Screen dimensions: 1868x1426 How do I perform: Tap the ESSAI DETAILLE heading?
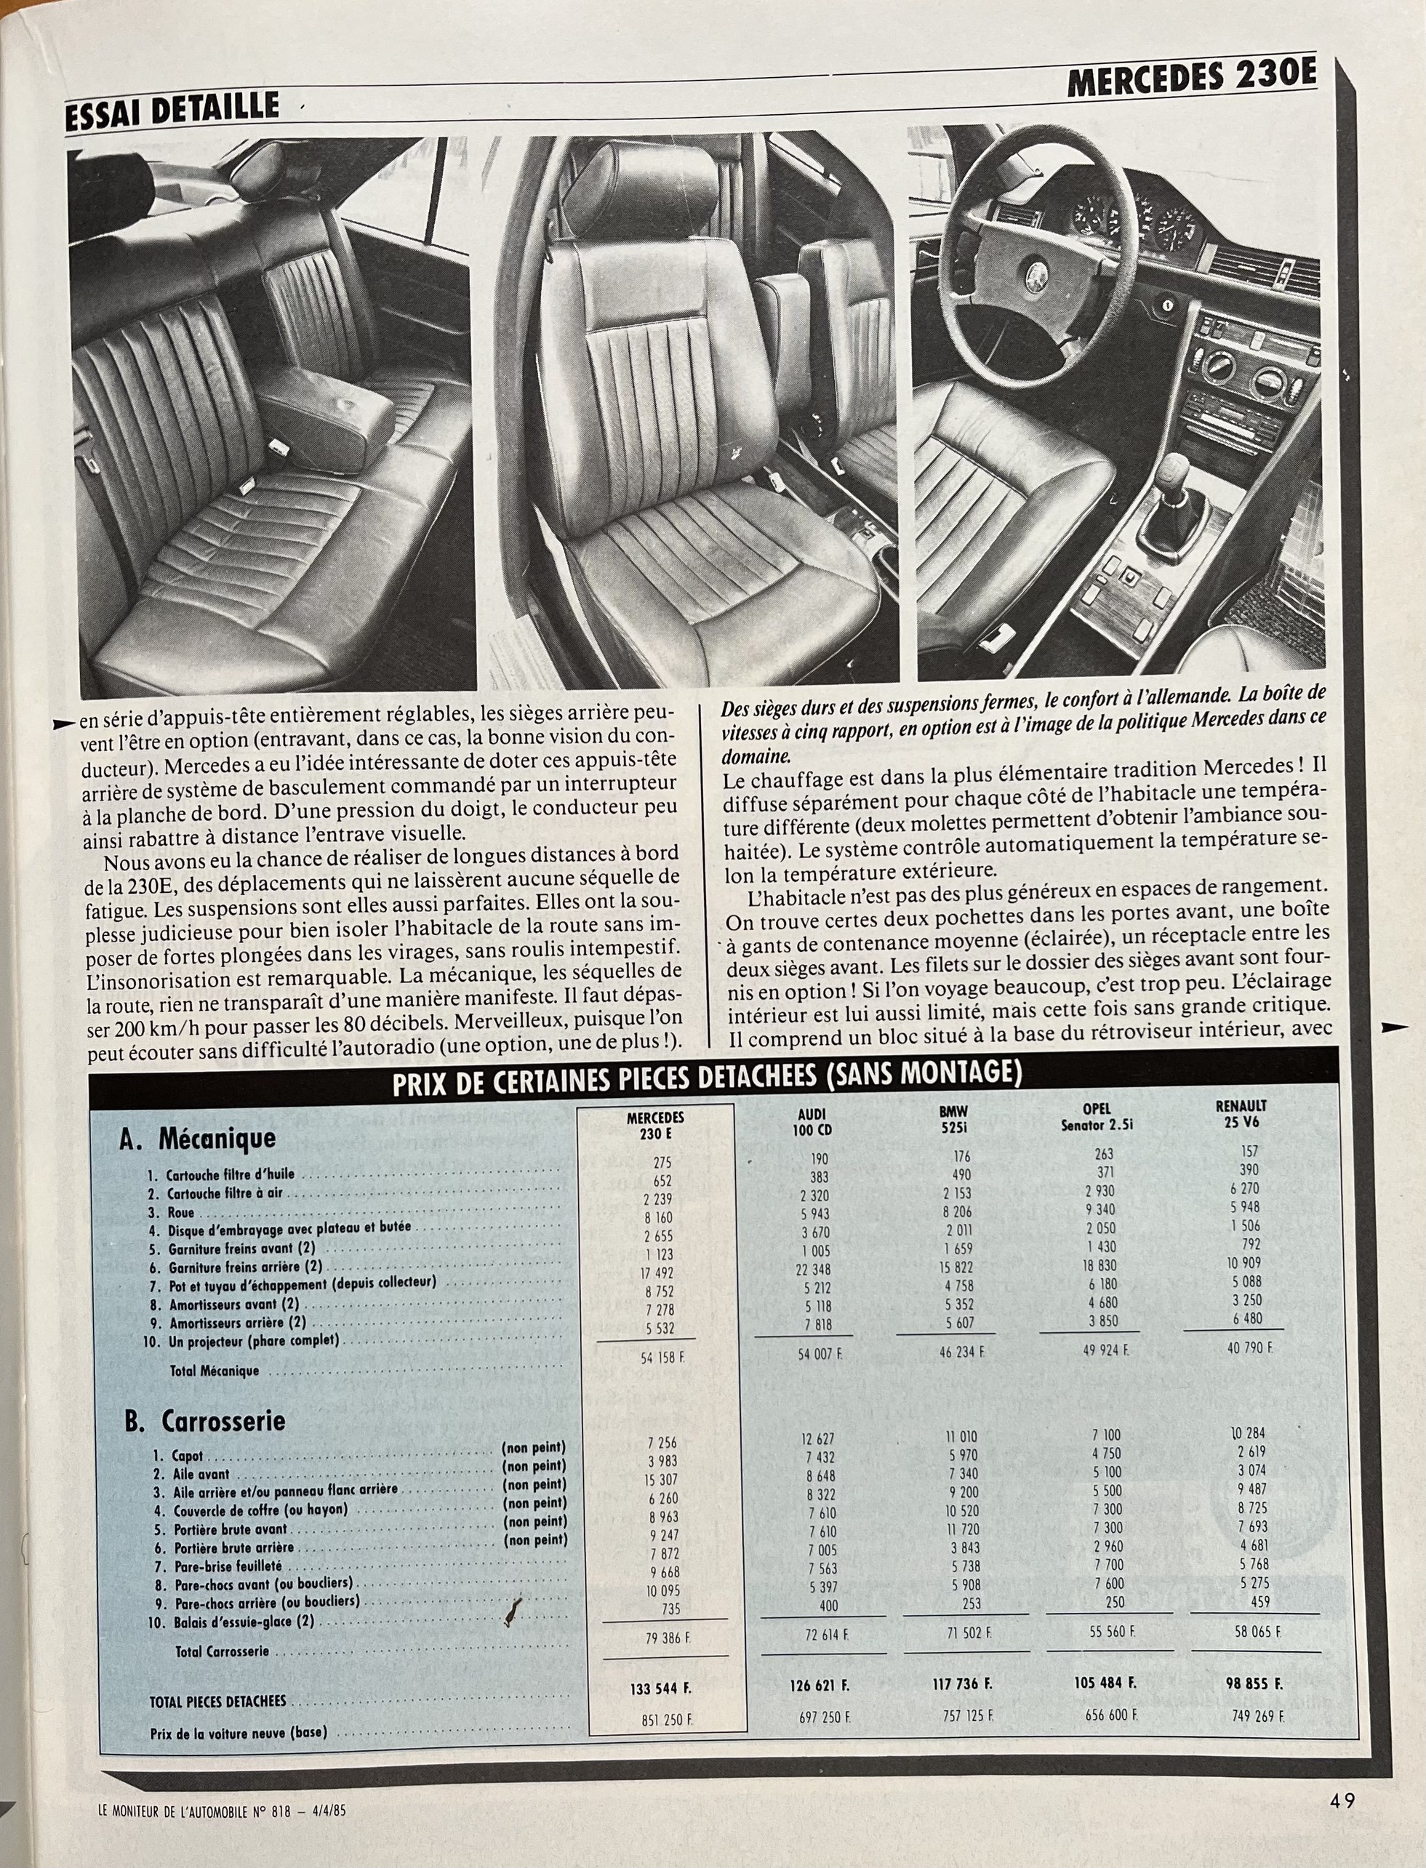coord(172,108)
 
